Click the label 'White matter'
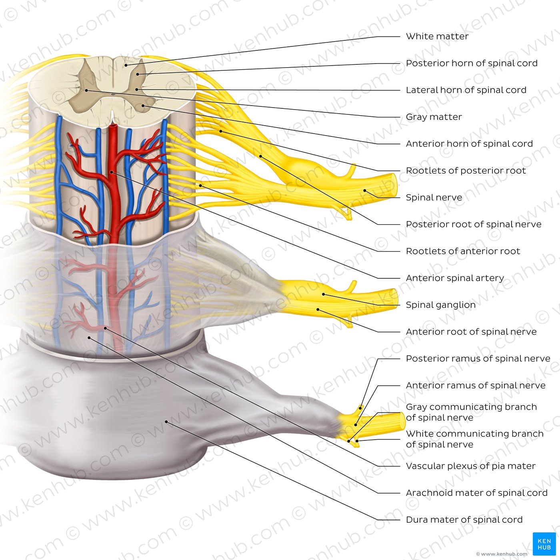click(x=437, y=36)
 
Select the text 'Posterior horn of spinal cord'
click(x=471, y=63)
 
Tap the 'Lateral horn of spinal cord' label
click(x=466, y=90)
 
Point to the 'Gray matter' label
click(x=434, y=117)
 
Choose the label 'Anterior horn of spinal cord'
click(x=469, y=144)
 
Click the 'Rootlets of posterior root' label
click(x=466, y=170)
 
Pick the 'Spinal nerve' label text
click(x=434, y=197)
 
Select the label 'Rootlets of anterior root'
click(x=463, y=251)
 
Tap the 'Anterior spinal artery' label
click(x=454, y=278)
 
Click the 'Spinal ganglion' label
click(x=440, y=305)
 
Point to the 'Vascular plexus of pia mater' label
click(x=470, y=466)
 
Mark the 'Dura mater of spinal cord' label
click(x=464, y=520)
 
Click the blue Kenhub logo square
click(x=544, y=544)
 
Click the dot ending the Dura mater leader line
click(x=166, y=422)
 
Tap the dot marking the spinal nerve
click(x=365, y=190)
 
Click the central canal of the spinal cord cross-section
click(x=113, y=95)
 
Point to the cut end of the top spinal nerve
click(x=394, y=185)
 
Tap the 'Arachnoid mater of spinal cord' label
click(x=476, y=493)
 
